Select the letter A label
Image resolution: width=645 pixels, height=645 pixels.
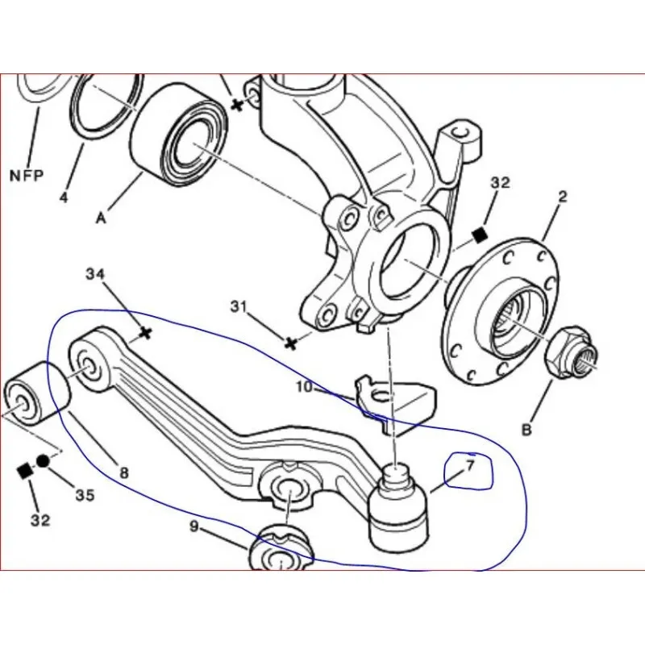(102, 216)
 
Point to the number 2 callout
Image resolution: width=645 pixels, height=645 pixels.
(563, 196)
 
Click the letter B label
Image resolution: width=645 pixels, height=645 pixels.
(526, 430)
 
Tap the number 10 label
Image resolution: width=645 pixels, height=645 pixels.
(303, 387)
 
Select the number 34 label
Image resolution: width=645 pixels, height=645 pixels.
(95, 275)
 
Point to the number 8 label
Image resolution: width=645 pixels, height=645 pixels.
(123, 474)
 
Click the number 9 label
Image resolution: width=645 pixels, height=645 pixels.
(193, 528)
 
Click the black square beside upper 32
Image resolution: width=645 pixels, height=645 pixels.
(479, 235)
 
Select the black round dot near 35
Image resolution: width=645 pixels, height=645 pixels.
(43, 460)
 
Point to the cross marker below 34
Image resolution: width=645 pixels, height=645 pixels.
(145, 331)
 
